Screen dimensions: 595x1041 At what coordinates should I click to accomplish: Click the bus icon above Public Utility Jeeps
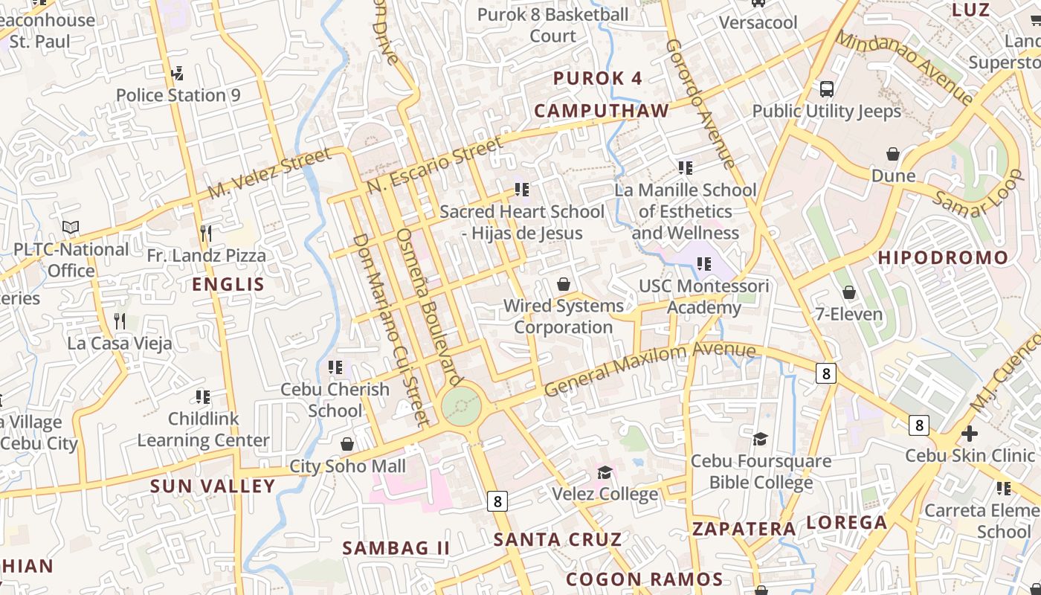tap(826, 89)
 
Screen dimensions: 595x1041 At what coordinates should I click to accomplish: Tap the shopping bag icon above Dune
tap(893, 154)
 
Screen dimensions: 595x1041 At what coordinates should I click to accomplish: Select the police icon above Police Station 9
tap(177, 73)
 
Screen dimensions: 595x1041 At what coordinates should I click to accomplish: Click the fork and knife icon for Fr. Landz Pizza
tap(206, 234)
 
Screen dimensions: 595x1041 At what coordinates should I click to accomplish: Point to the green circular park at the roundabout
tap(461, 407)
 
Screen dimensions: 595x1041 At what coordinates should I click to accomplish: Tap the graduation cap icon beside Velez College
tap(605, 473)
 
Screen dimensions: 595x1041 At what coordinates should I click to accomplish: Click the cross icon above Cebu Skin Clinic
tap(970, 434)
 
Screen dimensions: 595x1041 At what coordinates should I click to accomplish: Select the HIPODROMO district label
tap(943, 258)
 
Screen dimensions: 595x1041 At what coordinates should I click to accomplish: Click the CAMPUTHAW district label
tap(602, 111)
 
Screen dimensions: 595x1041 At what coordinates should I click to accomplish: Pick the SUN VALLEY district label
tap(213, 486)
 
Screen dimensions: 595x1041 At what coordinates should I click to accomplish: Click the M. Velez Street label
tap(269, 173)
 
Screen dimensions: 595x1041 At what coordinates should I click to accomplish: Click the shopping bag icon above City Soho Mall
tap(347, 445)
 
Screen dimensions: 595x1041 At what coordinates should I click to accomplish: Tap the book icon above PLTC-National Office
tap(71, 227)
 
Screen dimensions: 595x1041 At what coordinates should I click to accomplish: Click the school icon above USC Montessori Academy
tap(704, 264)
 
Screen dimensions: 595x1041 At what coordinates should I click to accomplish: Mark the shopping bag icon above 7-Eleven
tap(848, 292)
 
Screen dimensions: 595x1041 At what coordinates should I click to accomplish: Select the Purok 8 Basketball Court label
tap(552, 25)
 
